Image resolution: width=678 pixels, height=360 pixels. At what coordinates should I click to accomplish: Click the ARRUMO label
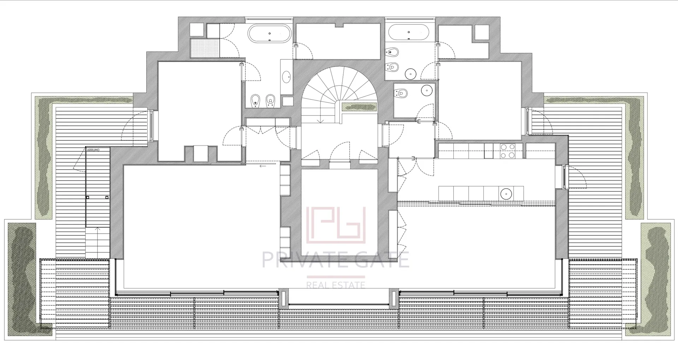[x=93, y=150]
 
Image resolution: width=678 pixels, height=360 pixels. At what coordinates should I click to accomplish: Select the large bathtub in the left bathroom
[x=270, y=34]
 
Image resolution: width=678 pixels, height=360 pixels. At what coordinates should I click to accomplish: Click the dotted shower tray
[x=205, y=48]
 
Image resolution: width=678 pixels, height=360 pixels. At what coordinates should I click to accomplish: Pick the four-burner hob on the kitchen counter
[x=507, y=151]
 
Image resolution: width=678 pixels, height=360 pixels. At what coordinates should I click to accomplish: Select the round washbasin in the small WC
[x=427, y=90]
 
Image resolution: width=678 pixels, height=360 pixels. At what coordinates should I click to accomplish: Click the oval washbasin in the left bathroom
[x=286, y=76]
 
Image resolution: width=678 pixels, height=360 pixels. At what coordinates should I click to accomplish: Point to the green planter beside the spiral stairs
[x=358, y=107]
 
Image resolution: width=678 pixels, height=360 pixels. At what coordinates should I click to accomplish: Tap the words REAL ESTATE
[x=335, y=285]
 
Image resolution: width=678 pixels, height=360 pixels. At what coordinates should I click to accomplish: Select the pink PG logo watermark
[x=336, y=225]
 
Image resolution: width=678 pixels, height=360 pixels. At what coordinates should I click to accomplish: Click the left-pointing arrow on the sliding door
[x=262, y=166]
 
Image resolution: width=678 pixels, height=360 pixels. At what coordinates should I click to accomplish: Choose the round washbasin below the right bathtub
[x=411, y=74]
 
